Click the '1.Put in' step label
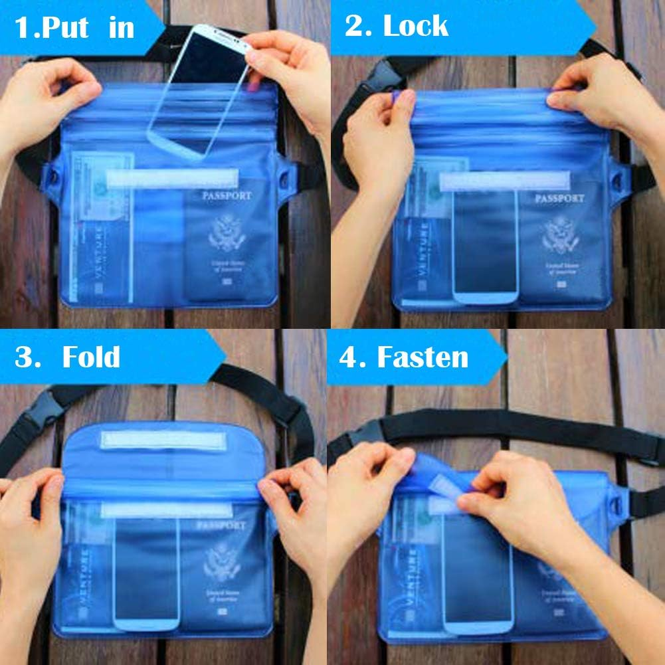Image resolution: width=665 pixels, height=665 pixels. pos(74,28)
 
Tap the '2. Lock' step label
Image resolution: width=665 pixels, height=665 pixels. pos(396,26)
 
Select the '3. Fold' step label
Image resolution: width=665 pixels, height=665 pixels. pos(68,357)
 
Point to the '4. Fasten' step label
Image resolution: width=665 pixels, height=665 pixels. pos(403,357)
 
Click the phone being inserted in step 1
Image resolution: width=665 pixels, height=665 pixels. pos(199,93)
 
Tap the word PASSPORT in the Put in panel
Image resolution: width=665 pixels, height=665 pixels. pos(227,196)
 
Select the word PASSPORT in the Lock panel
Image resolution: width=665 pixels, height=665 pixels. pos(559,198)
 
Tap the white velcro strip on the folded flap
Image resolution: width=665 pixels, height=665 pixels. pos(163,440)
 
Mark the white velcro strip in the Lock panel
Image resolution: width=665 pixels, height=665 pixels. pos(505,181)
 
